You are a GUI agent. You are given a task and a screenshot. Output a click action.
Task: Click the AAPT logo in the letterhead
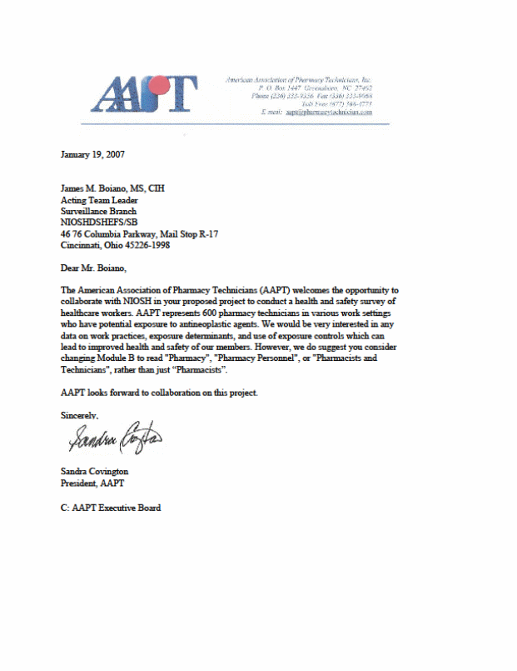pos(143,94)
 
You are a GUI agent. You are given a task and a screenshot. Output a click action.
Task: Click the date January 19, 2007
pos(93,153)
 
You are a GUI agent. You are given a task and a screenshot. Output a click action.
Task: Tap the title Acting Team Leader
pos(99,200)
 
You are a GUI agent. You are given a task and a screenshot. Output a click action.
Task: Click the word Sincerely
pos(80,414)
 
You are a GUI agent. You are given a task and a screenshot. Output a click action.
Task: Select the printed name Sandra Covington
pos(94,471)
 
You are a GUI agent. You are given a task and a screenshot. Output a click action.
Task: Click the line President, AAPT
pos(92,483)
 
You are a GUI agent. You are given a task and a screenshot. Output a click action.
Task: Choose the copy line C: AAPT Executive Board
pos(111,507)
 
